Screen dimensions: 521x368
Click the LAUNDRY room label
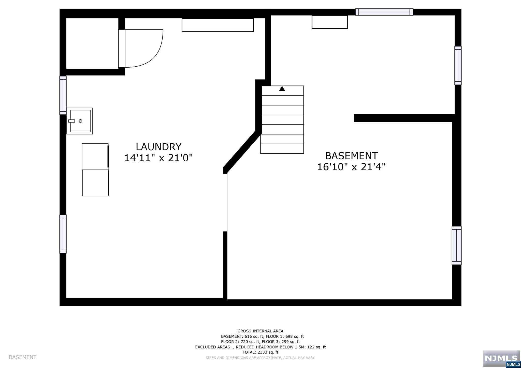click(158, 147)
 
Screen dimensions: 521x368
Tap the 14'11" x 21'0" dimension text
click(158, 158)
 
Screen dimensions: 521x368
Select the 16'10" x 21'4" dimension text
click(351, 167)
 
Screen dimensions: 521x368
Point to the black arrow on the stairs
click(282, 88)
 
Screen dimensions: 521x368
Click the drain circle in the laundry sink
click(80, 121)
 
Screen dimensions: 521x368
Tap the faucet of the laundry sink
click(71, 121)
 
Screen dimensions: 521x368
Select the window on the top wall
click(384, 12)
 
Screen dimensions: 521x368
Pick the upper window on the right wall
click(458, 65)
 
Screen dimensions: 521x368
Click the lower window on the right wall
click(457, 246)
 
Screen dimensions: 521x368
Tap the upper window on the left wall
click(63, 95)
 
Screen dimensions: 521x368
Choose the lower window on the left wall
click(63, 234)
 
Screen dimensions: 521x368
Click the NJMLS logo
click(501, 359)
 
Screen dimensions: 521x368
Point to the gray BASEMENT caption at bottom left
click(23, 357)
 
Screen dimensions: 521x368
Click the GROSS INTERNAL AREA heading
click(260, 331)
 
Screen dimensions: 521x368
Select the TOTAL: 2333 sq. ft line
click(260, 352)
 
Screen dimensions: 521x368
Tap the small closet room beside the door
click(92, 43)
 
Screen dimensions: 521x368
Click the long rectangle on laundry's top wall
click(218, 25)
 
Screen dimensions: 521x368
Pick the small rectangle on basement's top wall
click(330, 22)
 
